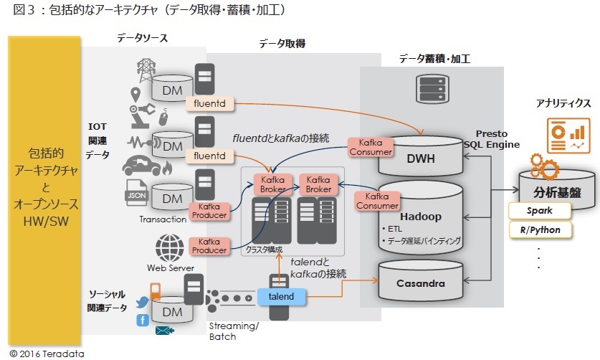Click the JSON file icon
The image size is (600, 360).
[135, 195]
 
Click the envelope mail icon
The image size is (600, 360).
[166, 331]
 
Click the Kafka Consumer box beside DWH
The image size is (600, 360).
[371, 146]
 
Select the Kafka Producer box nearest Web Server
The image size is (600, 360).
[209, 245]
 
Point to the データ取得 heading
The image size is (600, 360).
[282, 44]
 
